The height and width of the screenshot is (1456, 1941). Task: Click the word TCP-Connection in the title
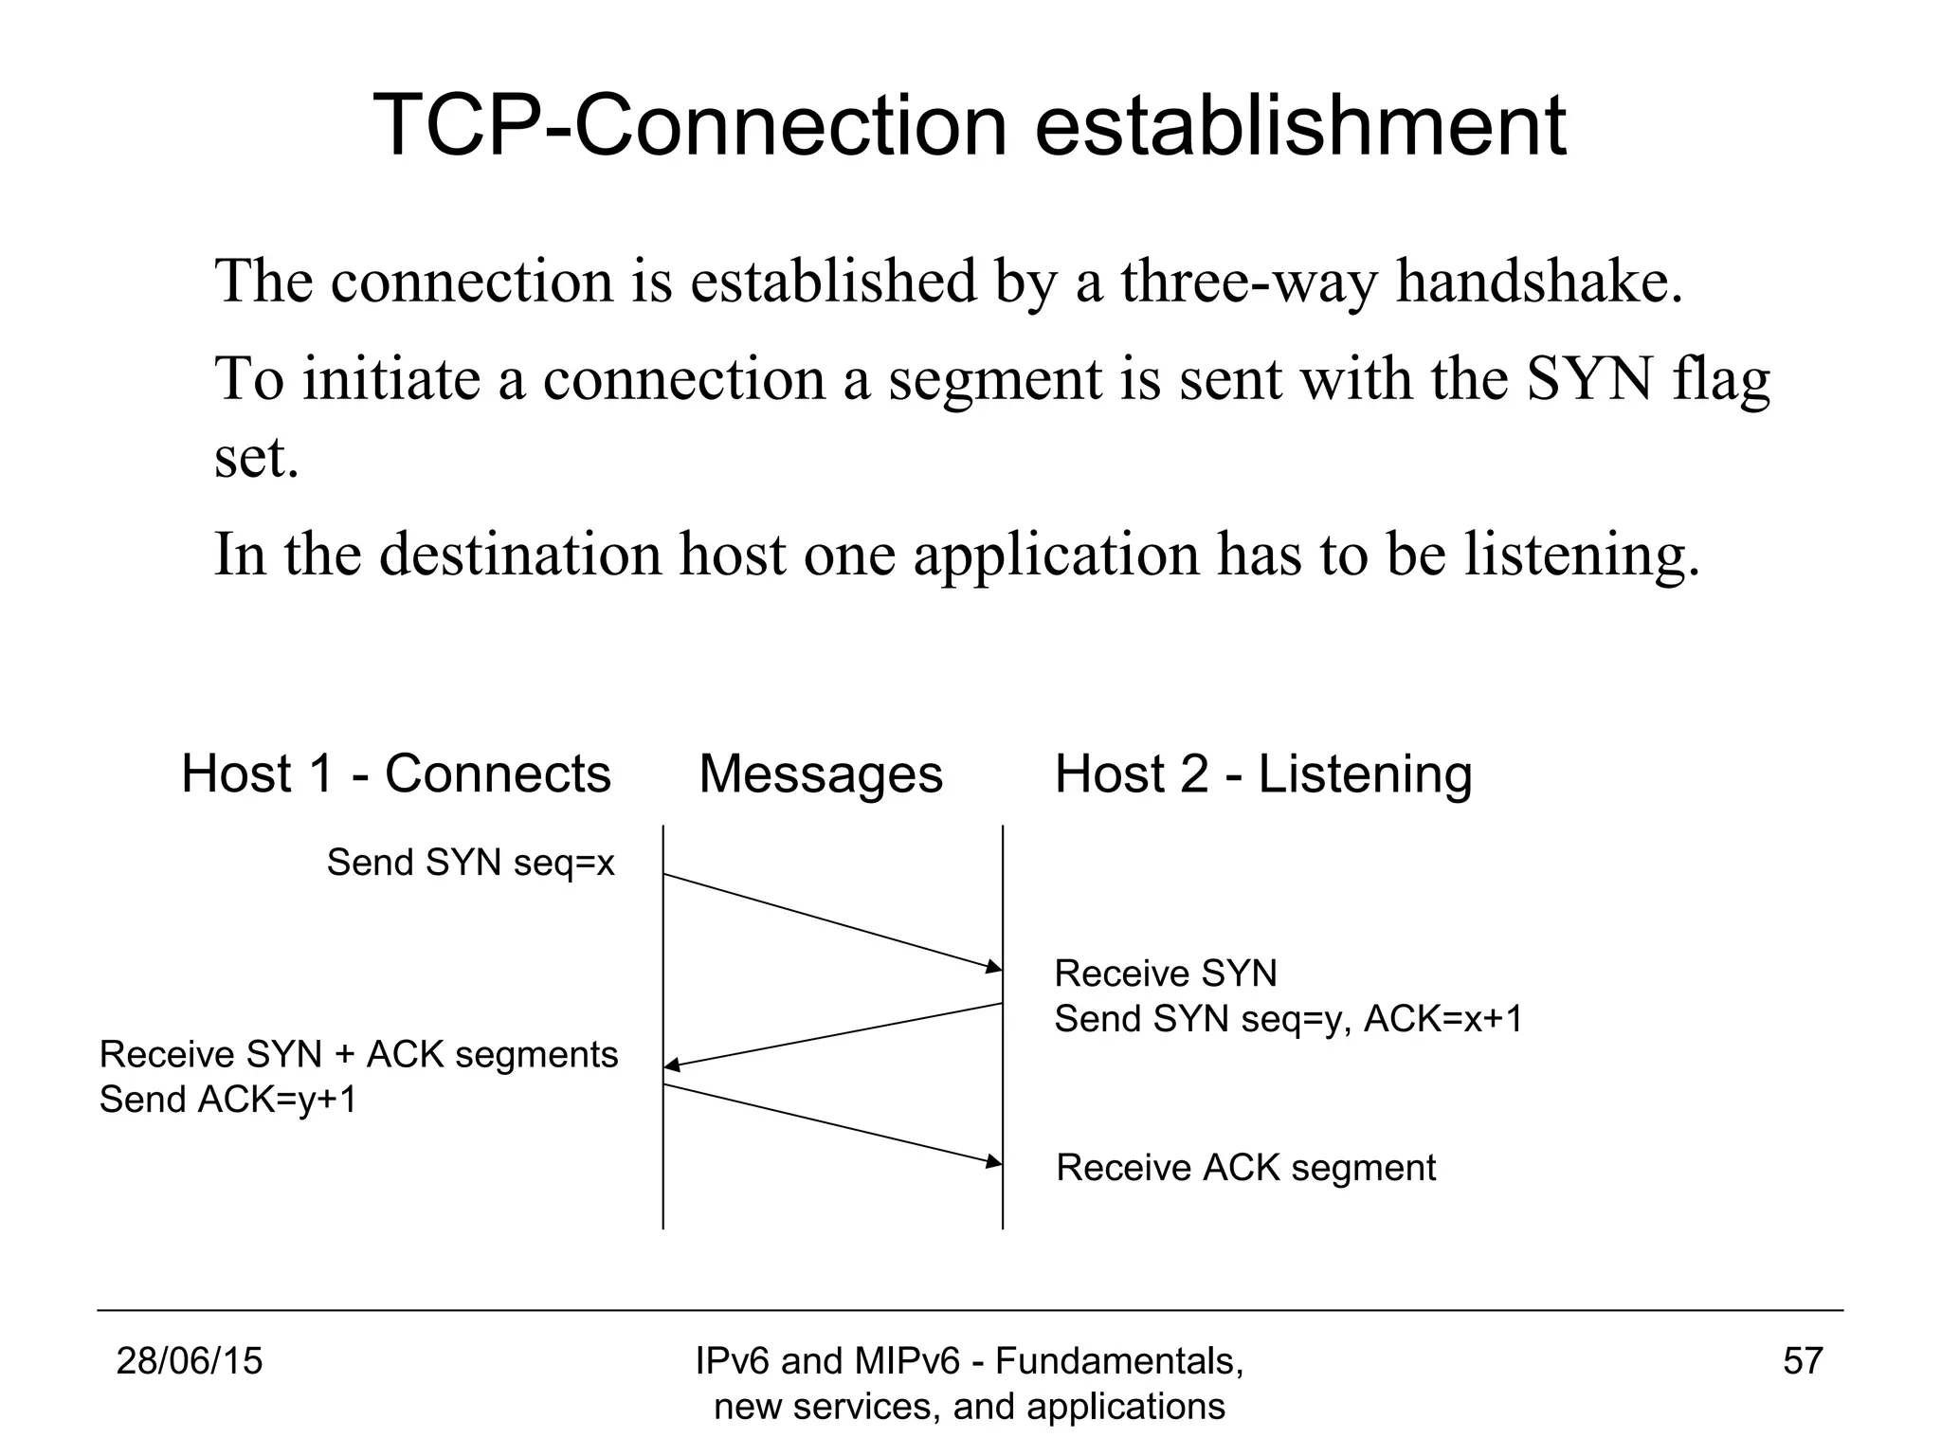pyautogui.click(x=690, y=125)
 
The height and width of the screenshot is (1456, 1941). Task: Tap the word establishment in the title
pyautogui.click(x=1299, y=125)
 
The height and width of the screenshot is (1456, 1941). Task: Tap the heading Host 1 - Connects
pyautogui.click(x=395, y=773)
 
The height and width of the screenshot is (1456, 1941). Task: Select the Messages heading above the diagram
pyautogui.click(x=821, y=773)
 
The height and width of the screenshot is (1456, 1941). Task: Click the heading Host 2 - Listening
pyautogui.click(x=1263, y=773)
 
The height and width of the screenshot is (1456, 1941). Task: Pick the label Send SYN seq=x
pyautogui.click(x=471, y=863)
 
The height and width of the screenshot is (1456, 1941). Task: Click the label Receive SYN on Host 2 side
pyautogui.click(x=1165, y=974)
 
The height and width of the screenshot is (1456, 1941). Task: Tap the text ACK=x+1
pyautogui.click(x=1442, y=1019)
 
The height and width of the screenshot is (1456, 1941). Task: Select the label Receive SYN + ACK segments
pyautogui.click(x=358, y=1054)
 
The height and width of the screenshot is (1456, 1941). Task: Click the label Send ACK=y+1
pyautogui.click(x=228, y=1100)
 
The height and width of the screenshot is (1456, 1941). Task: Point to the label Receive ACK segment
pyautogui.click(x=1245, y=1168)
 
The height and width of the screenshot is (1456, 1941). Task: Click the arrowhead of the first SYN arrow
pyautogui.click(x=994, y=967)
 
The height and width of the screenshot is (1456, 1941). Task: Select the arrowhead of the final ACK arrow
pyautogui.click(x=994, y=1161)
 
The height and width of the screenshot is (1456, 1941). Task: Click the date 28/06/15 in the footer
pyautogui.click(x=189, y=1361)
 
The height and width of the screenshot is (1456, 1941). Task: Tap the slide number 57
pyautogui.click(x=1803, y=1361)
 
